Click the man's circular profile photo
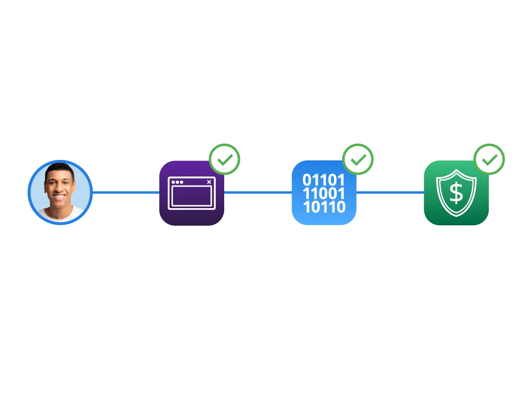coord(59,192)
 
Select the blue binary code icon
coord(324,193)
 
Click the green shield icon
coord(456,193)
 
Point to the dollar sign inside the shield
coord(456,193)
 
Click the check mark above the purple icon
coord(225,159)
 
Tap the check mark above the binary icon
coord(358,159)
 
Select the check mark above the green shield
coord(490,159)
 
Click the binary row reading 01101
coord(324,180)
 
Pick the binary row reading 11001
coord(324,193)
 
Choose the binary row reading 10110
coord(324,207)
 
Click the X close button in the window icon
coord(209,182)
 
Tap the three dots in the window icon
coord(177,182)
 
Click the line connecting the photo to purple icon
coord(125,192)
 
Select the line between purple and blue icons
coord(258,192)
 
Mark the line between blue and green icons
coord(390,192)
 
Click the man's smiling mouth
coord(59,197)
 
